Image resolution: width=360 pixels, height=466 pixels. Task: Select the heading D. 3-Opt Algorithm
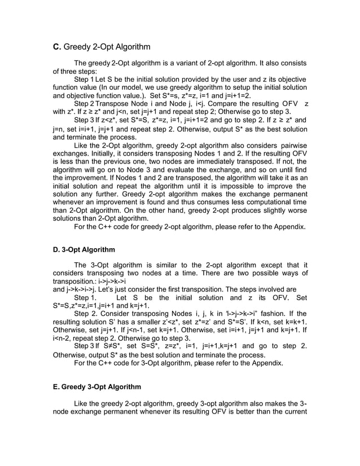coord(84,249)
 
